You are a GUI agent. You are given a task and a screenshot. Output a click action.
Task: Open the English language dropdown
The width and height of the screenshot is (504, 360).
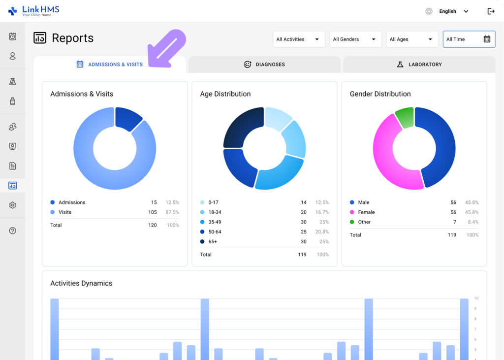tap(453, 11)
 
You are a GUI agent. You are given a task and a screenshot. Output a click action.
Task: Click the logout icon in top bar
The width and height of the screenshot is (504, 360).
tap(491, 11)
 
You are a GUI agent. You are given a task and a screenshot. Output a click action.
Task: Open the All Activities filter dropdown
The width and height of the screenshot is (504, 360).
tap(299, 39)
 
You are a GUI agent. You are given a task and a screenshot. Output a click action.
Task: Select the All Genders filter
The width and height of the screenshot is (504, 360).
tap(355, 39)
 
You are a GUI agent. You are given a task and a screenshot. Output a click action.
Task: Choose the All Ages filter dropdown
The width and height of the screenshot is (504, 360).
tap(412, 39)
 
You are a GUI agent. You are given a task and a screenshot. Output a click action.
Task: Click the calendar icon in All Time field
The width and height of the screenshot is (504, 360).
tap(487, 39)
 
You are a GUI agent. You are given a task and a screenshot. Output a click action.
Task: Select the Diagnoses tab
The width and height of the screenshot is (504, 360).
tap(264, 65)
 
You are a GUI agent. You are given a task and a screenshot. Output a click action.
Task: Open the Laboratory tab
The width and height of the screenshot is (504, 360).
tap(419, 65)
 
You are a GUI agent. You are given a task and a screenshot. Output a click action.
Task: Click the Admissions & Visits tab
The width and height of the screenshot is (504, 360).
tap(110, 65)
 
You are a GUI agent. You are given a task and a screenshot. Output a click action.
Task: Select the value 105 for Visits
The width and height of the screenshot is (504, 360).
tap(153, 212)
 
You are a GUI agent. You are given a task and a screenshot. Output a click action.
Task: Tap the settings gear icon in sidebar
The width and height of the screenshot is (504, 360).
tap(13, 205)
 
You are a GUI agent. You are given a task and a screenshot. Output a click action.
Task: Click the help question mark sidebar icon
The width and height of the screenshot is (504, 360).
tap(13, 230)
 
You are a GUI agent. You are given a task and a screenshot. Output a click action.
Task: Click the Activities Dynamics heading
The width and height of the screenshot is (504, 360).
tap(81, 283)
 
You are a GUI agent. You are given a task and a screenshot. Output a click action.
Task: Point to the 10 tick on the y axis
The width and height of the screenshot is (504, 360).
tap(476, 298)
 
